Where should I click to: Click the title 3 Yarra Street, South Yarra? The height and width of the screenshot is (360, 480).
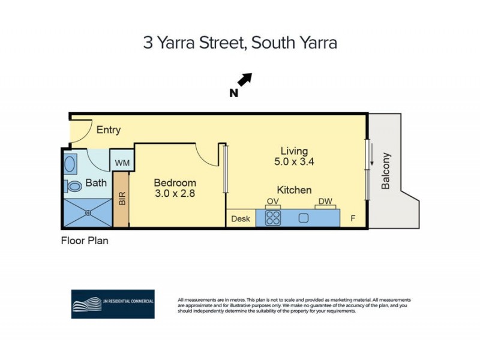pyautogui.click(x=240, y=43)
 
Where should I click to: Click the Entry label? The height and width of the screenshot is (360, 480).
pyautogui.click(x=109, y=130)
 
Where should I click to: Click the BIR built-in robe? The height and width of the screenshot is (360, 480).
pyautogui.click(x=122, y=199)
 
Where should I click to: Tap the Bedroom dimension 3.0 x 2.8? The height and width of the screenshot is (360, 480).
pyautogui.click(x=175, y=194)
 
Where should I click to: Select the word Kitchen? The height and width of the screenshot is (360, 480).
pyautogui.click(x=294, y=190)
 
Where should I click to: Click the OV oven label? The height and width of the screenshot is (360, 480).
pyautogui.click(x=272, y=202)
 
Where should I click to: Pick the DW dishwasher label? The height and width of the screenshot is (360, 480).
pyautogui.click(x=325, y=202)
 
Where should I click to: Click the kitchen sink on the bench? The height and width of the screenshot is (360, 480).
pyautogui.click(x=304, y=217)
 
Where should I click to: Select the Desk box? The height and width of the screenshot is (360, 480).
pyautogui.click(x=241, y=218)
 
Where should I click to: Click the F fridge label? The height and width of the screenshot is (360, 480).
pyautogui.click(x=353, y=218)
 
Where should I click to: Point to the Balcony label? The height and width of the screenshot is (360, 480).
pyautogui.click(x=386, y=171)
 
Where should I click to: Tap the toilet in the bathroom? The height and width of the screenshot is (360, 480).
pyautogui.click(x=74, y=186)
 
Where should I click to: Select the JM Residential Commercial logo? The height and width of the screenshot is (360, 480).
pyautogui.click(x=113, y=304)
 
